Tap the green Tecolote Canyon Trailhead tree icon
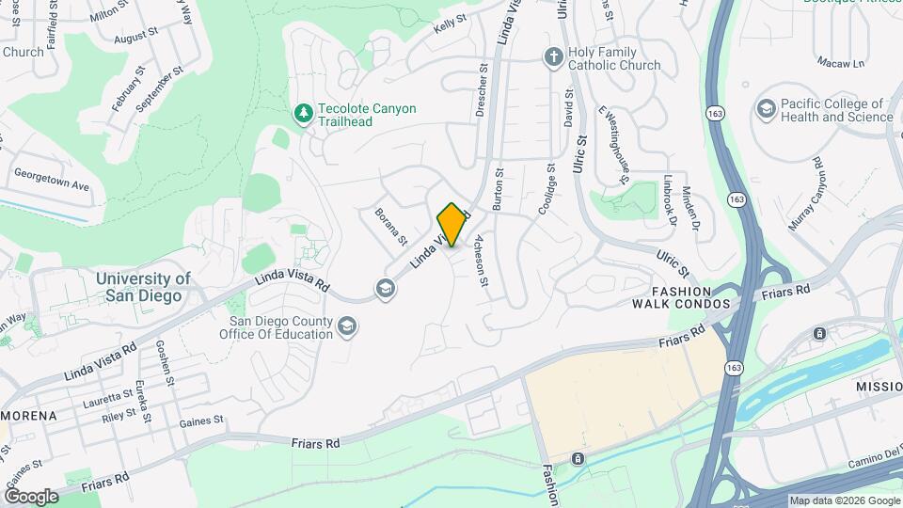pyautogui.click(x=303, y=114)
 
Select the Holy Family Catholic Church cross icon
pyautogui.click(x=554, y=57)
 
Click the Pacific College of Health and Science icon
pyautogui.click(x=767, y=110)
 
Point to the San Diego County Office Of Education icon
pyautogui.click(x=347, y=326)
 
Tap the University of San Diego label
pyautogui.click(x=143, y=287)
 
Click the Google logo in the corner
pyautogui.click(x=31, y=497)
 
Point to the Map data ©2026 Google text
pyautogui.click(x=845, y=500)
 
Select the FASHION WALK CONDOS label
pyautogui.click(x=681, y=297)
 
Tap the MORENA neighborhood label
pyautogui.click(x=28, y=415)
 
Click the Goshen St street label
pyautogui.click(x=165, y=363)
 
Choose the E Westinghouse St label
pyautogui.click(x=613, y=144)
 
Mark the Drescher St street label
pyautogui.click(x=482, y=89)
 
